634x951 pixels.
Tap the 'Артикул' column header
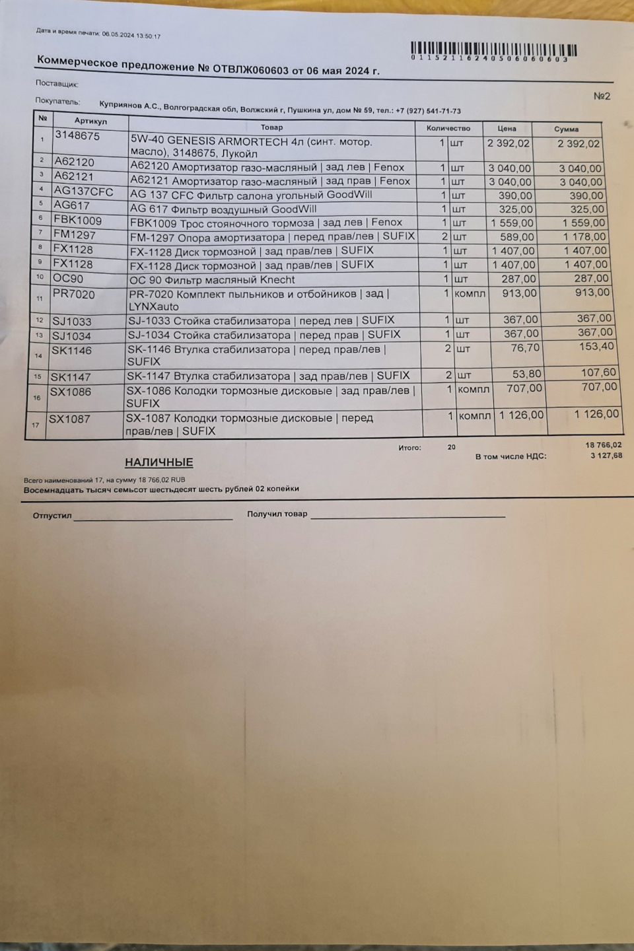click(x=90, y=121)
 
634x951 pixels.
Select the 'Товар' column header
click(x=271, y=127)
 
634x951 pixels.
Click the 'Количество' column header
click(x=448, y=128)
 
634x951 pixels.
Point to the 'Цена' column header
click(x=507, y=129)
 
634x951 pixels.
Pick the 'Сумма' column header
click(x=567, y=129)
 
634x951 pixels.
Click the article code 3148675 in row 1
click(x=77, y=135)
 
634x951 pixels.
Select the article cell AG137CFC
click(x=83, y=192)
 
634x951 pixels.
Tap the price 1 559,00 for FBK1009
click(x=512, y=223)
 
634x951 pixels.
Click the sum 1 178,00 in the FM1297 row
click(x=584, y=236)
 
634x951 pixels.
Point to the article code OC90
click(x=68, y=278)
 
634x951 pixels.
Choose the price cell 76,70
click(x=525, y=347)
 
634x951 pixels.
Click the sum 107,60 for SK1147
click(x=598, y=372)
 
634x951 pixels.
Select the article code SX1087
click(x=69, y=419)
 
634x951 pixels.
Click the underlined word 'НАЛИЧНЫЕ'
click(x=158, y=462)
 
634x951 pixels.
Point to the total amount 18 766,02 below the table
click(x=603, y=445)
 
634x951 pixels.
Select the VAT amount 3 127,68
click(x=606, y=455)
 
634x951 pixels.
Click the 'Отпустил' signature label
click(x=52, y=515)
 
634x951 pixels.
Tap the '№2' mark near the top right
click(x=602, y=96)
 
